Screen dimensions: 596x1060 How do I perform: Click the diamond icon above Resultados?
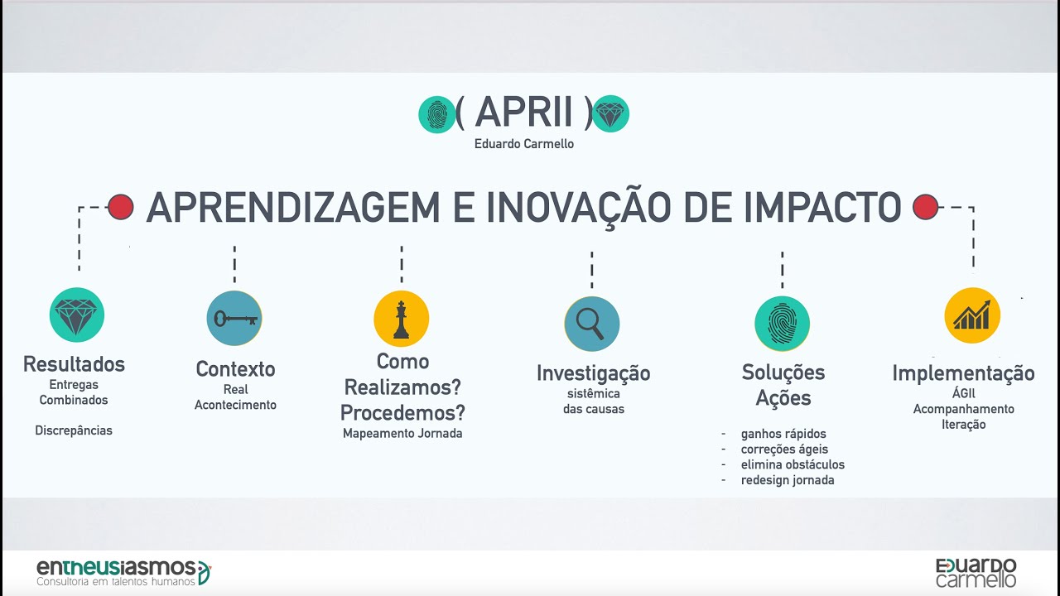(77, 315)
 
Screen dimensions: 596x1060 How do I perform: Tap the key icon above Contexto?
(234, 319)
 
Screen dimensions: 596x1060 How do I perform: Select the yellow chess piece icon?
(402, 319)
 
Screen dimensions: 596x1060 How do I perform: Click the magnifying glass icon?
(591, 324)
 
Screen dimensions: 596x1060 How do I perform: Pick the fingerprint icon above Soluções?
(782, 324)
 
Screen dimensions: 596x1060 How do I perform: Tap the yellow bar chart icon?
(972, 315)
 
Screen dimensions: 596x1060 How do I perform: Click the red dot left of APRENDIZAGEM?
(121, 207)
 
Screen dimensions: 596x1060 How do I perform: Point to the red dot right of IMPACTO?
(925, 207)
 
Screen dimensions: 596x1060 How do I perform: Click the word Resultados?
(75, 364)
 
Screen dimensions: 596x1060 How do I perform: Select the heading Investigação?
(593, 373)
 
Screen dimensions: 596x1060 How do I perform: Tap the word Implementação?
(963, 373)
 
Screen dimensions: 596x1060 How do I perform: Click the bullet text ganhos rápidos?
(783, 434)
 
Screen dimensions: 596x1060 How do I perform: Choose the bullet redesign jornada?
(788, 480)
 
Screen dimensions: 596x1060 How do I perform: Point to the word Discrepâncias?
(74, 430)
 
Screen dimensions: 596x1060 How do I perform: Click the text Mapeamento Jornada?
(402, 433)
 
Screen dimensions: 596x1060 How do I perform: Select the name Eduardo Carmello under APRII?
(524, 144)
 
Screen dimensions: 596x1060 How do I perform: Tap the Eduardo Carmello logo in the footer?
(976, 572)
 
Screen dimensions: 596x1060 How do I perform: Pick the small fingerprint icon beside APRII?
(436, 114)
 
